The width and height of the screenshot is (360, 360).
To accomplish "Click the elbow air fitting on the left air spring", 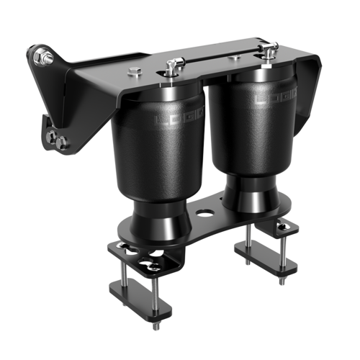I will (x=171, y=67).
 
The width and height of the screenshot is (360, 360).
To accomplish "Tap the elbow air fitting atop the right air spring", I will (x=270, y=51).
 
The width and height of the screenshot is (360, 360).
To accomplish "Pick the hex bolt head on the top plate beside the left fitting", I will (x=135, y=71).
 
